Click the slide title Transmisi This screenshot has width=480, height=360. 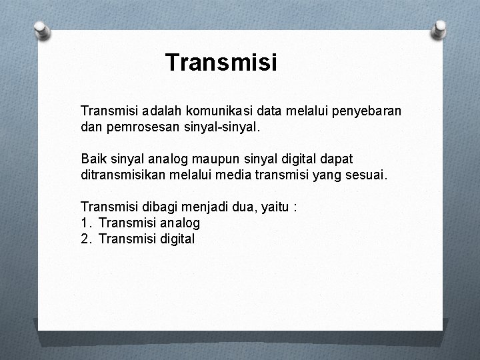221,63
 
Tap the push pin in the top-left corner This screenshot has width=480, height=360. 41,30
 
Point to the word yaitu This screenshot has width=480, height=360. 273,207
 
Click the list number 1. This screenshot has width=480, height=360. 85,223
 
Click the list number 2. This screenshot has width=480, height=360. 85,239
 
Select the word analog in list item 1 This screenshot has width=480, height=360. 178,223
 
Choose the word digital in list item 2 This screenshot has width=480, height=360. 175,239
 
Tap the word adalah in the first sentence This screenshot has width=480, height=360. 160,109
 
